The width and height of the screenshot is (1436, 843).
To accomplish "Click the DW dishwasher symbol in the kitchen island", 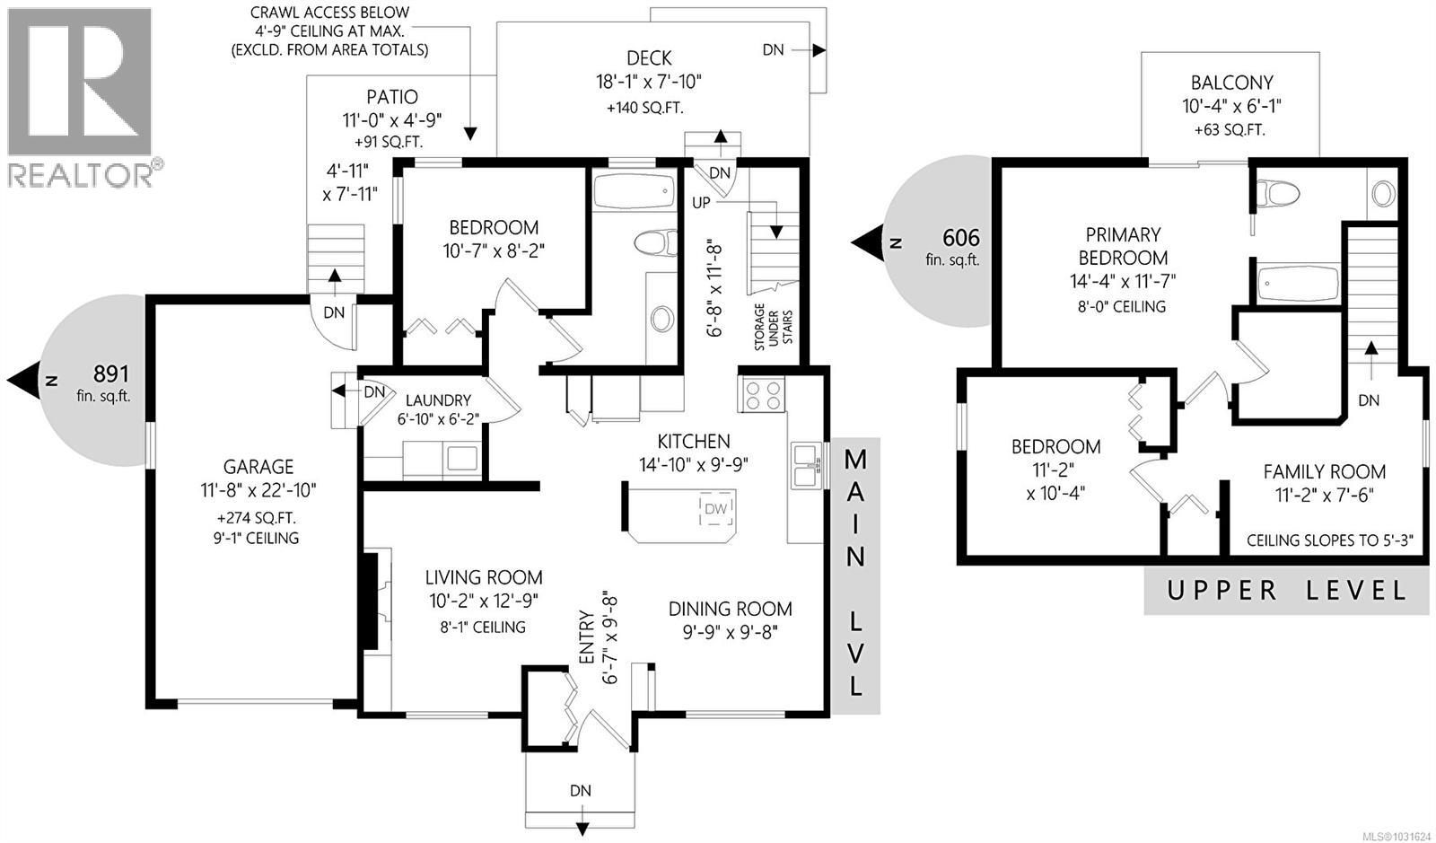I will coord(715,510).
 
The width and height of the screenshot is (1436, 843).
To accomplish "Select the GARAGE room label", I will coord(258,467).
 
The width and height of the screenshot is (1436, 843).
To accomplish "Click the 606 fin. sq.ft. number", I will coord(960,238).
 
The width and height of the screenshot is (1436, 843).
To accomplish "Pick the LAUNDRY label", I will coord(438,400).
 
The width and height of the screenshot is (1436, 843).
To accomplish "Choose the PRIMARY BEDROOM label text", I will coord(1123,246).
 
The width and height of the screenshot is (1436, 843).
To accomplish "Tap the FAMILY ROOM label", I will coord(1324,471).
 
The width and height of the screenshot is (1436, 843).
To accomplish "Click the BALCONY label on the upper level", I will coord(1231,83).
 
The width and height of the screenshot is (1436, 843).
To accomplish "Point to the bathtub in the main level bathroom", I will coord(634,191).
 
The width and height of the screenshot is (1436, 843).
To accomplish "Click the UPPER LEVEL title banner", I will coord(1286,591).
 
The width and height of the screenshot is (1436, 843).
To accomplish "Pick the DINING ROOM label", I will coord(730,609).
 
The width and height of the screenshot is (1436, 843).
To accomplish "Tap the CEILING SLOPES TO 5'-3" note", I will coord(1329,540).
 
